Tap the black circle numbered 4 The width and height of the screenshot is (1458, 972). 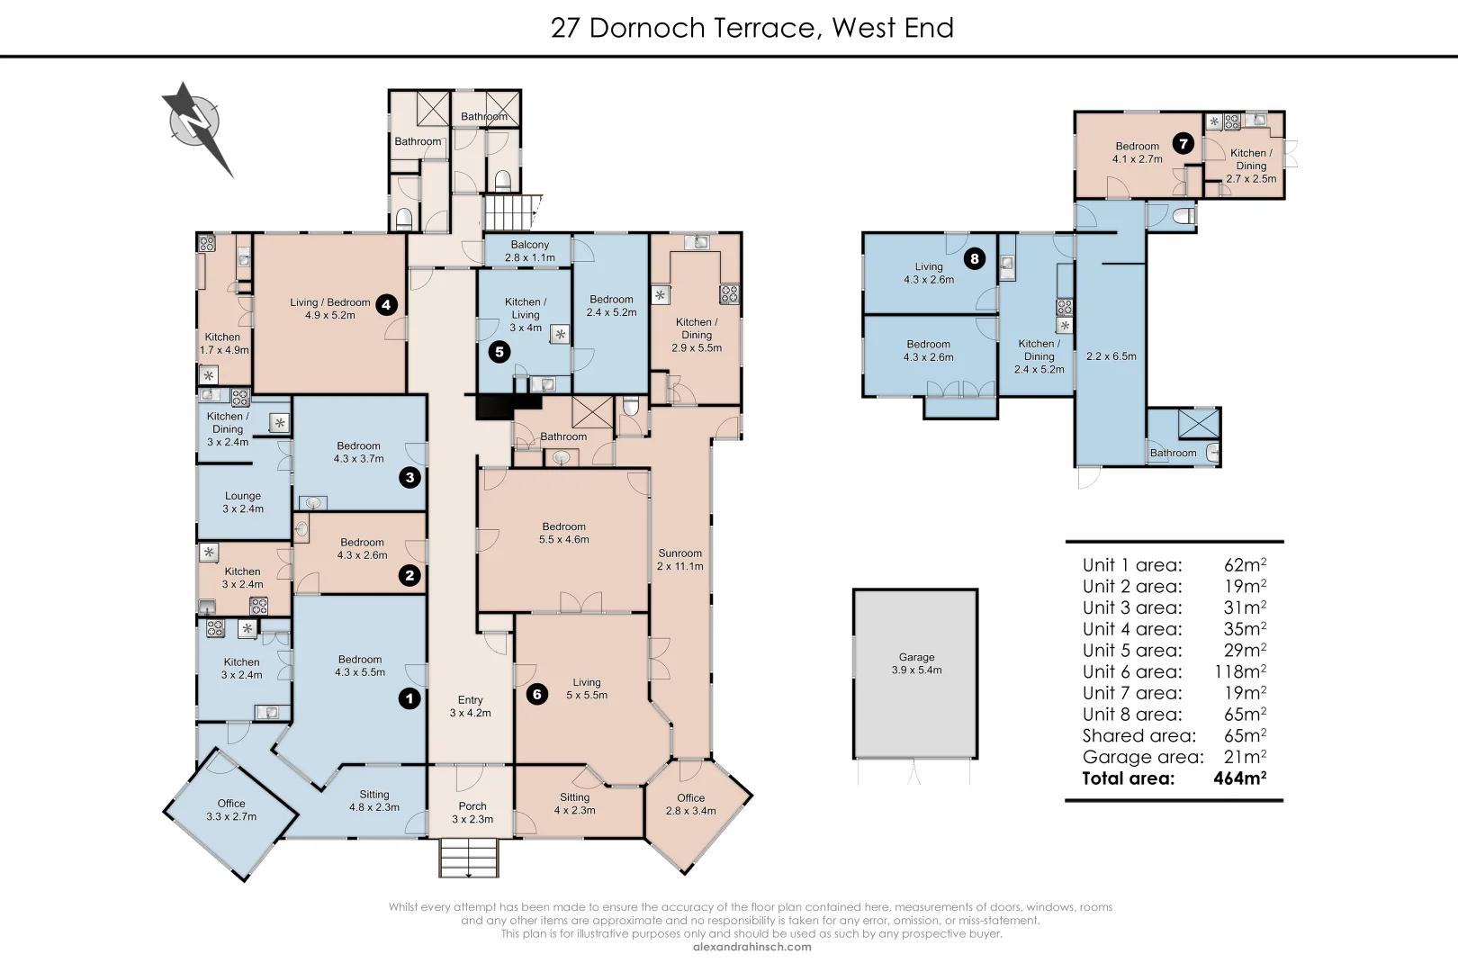point(386,304)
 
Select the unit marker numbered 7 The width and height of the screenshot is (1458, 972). point(1183,143)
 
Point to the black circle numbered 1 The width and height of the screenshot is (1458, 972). point(409,697)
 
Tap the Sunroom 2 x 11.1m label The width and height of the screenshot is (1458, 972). point(680,560)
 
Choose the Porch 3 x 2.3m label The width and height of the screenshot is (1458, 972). point(472,813)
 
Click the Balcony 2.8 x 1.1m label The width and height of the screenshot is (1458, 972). point(530,251)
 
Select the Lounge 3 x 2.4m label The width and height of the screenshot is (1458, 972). point(243,502)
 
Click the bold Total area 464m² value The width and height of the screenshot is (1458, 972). point(1239,778)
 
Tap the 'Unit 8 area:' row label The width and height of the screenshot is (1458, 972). point(1132,715)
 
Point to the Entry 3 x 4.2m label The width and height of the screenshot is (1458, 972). point(470,706)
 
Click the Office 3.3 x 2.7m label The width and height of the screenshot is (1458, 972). point(231,810)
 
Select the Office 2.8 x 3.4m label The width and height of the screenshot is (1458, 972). point(691,804)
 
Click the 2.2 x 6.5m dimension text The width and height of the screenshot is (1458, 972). point(1111,356)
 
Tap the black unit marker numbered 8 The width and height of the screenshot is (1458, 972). point(974,259)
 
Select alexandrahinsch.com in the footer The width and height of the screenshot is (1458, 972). point(752,946)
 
